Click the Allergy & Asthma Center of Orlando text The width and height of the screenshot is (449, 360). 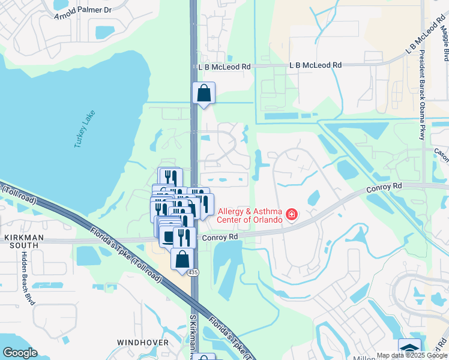[250, 215]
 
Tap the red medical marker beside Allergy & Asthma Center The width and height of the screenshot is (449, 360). [292, 214]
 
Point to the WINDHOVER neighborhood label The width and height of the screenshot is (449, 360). [142, 342]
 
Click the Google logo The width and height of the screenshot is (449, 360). [20, 353]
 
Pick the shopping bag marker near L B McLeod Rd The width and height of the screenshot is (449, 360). [203, 94]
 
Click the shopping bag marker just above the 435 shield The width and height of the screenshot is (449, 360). [182, 259]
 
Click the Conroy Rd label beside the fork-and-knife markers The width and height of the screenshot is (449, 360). [220, 237]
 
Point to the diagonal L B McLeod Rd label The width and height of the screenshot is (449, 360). [426, 38]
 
